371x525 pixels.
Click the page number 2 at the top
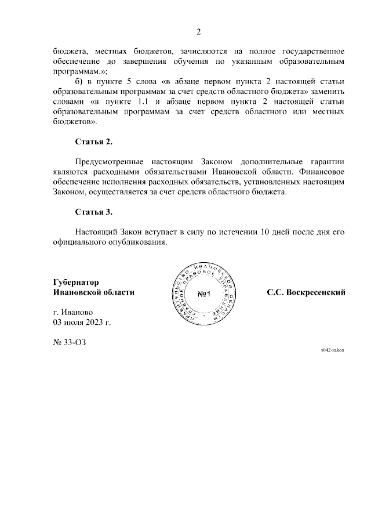tap(198, 31)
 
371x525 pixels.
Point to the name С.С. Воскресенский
tap(306, 292)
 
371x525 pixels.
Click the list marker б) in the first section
tap(79, 82)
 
